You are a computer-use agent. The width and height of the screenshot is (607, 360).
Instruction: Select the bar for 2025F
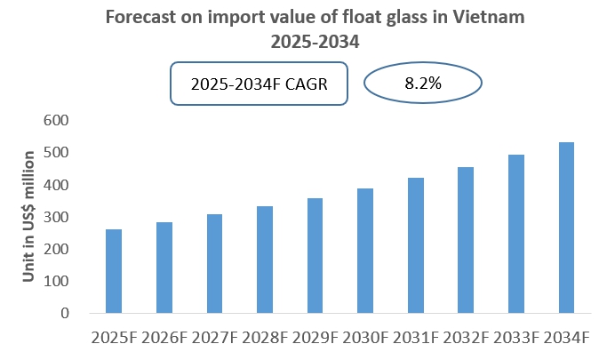[x=114, y=271]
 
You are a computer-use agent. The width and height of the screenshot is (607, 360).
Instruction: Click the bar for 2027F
[x=214, y=263]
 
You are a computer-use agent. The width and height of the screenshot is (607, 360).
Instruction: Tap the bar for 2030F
[x=365, y=251]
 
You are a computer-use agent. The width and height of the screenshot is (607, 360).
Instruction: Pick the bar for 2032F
[x=466, y=240]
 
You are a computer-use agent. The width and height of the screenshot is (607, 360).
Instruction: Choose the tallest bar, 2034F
[x=566, y=228]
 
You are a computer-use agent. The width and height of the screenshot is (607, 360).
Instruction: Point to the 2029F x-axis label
[x=315, y=339]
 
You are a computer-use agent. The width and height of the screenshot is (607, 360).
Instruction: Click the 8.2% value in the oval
[x=423, y=84]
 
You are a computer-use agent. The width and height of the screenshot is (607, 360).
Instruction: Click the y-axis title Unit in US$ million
[x=29, y=216]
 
